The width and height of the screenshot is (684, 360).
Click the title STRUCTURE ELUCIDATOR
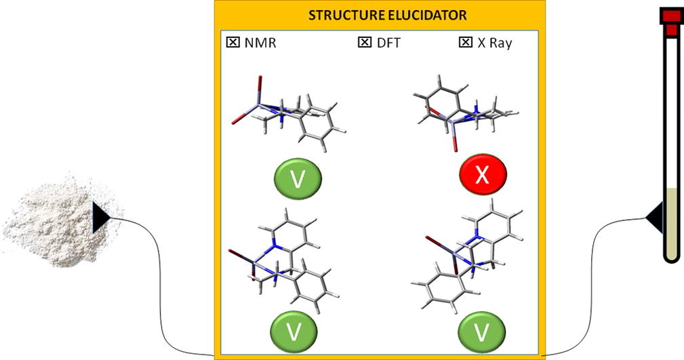[x=378, y=14]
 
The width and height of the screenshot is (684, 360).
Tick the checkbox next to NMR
[x=232, y=43]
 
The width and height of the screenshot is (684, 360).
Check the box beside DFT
[x=364, y=43]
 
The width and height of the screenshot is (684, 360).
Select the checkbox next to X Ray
[x=466, y=43]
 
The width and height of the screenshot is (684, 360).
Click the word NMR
[x=260, y=43]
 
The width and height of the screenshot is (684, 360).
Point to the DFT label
[x=390, y=43]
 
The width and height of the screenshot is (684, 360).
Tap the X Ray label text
[x=495, y=43]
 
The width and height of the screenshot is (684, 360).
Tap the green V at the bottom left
[x=294, y=332]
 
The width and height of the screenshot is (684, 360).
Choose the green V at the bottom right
[x=481, y=332]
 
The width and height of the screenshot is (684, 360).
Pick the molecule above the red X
[x=468, y=112]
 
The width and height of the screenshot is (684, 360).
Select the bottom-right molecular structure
[x=468, y=258]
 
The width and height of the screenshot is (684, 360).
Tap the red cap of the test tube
[x=671, y=20]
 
